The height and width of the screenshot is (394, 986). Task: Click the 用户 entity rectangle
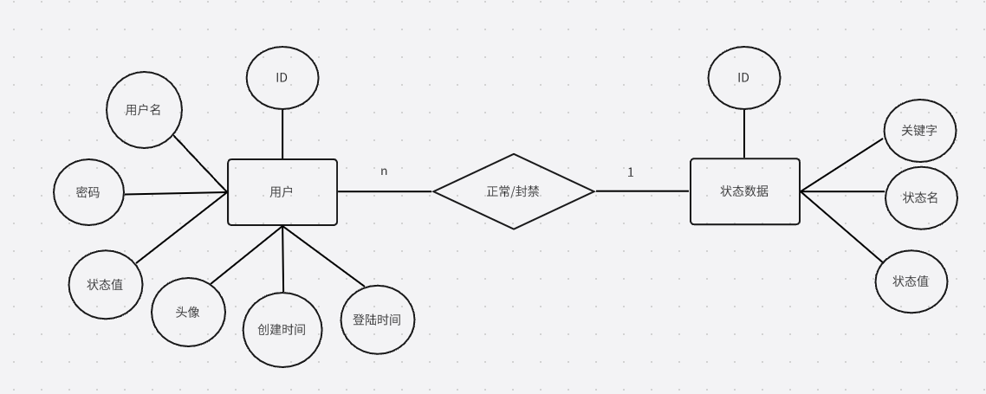click(282, 192)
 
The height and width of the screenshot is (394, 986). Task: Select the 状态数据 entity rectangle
click(744, 191)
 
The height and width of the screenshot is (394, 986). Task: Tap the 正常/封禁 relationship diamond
click(513, 191)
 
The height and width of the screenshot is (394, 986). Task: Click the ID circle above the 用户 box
click(282, 78)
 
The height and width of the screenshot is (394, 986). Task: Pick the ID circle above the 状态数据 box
click(743, 78)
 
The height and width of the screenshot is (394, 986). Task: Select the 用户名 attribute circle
click(143, 110)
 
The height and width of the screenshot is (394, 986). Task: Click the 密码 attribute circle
click(88, 192)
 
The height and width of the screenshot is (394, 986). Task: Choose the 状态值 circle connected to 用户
click(106, 284)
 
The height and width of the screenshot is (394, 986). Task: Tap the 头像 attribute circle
click(188, 312)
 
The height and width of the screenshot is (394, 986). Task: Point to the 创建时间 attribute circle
click(282, 330)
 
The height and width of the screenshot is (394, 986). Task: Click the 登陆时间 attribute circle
click(377, 320)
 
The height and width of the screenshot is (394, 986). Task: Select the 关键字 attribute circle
click(919, 131)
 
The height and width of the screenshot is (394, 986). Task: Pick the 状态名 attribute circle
click(920, 197)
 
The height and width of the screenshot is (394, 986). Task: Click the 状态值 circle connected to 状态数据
click(911, 281)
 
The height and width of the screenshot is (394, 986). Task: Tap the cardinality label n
click(384, 171)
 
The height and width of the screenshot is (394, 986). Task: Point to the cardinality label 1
click(630, 172)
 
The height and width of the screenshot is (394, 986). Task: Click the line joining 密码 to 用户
click(175, 193)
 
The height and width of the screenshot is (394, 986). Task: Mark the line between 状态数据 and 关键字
click(841, 165)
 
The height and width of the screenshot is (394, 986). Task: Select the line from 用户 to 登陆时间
click(324, 256)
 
